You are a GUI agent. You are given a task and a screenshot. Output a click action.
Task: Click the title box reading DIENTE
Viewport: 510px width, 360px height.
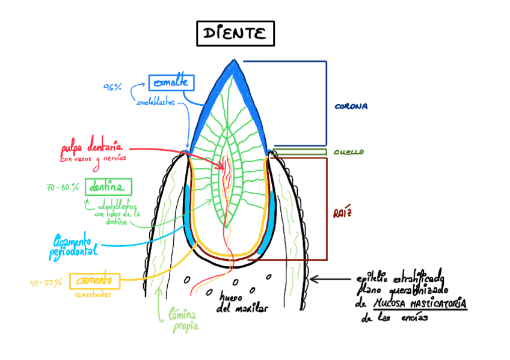point(235,34)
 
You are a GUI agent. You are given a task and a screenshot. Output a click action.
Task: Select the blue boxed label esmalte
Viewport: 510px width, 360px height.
point(171,82)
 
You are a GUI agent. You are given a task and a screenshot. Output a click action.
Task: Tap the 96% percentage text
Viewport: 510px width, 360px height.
point(112,87)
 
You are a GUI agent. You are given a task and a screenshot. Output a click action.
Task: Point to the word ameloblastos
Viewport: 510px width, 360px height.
point(155,102)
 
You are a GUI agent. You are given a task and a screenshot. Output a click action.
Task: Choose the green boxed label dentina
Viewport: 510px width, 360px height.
point(108,187)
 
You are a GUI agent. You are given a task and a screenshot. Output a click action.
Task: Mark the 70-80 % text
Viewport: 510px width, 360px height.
point(63,188)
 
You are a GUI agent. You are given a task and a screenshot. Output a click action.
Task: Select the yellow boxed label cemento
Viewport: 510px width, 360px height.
point(94,280)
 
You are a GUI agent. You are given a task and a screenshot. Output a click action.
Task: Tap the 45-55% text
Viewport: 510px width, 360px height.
point(46,282)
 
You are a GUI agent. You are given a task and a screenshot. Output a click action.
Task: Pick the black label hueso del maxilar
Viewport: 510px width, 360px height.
point(241,304)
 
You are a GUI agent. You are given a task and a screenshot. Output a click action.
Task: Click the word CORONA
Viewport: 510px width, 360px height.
point(351,106)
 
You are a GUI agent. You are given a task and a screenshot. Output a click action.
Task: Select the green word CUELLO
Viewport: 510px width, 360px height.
point(348,153)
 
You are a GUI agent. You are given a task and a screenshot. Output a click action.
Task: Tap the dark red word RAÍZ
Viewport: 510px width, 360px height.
point(342,213)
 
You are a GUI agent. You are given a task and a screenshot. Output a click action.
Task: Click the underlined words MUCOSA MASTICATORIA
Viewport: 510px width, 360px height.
point(420,305)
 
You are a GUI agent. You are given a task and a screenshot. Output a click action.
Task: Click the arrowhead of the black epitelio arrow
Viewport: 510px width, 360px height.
point(313,279)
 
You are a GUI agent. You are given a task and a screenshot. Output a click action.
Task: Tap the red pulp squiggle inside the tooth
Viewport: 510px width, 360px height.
point(227,168)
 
